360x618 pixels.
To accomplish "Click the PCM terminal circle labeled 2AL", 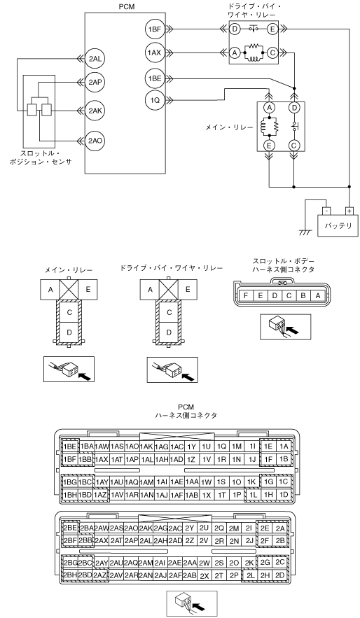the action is (95, 58).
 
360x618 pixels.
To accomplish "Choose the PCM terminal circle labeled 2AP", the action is (95, 82).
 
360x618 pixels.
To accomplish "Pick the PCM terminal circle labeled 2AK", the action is (95, 111).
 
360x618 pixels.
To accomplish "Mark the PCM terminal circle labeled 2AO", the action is (95, 140).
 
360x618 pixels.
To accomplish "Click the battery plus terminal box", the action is (349, 211).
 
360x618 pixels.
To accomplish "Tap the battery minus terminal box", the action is (325, 211).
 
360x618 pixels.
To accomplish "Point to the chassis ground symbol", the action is (304, 232).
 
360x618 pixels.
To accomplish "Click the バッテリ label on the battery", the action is (338, 226).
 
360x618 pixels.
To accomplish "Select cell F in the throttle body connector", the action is (246, 295).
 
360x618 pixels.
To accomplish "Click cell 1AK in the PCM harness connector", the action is (146, 447).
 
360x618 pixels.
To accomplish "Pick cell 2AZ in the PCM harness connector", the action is (102, 575).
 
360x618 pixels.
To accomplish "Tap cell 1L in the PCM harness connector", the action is (253, 494).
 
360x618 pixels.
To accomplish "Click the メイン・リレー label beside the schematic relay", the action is (229, 127).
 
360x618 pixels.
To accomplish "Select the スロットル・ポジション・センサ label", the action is (41, 157).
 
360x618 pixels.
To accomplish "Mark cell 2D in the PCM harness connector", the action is (280, 575).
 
